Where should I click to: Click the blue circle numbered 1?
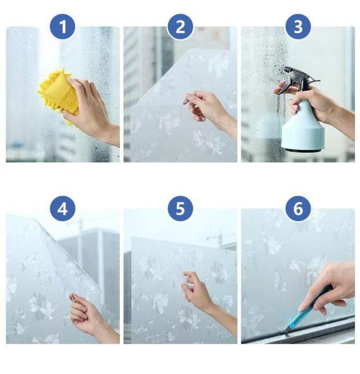click(62, 26)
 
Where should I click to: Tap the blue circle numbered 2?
click(180, 26)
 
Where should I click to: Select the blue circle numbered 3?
click(298, 26)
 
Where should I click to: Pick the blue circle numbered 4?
click(62, 209)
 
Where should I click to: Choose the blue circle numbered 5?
click(180, 209)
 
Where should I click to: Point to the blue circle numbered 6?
click(298, 209)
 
